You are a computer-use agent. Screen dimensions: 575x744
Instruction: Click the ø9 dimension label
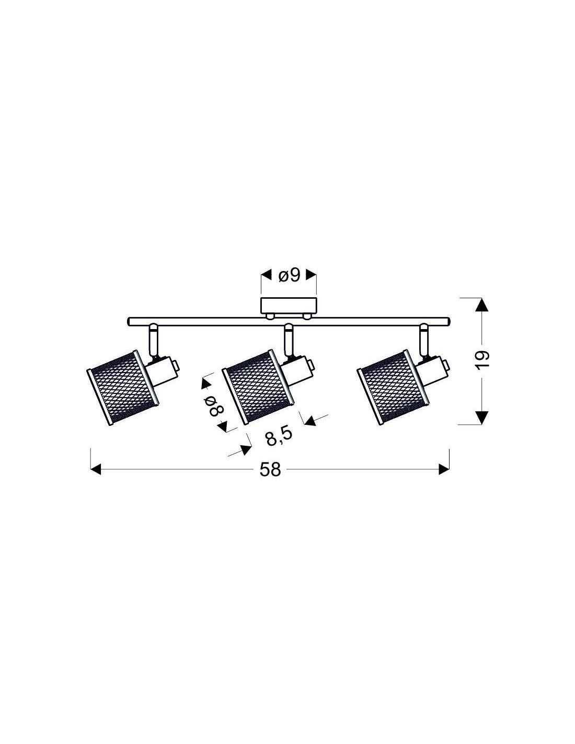coord(289,275)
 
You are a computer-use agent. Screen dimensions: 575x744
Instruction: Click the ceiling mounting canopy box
coord(289,306)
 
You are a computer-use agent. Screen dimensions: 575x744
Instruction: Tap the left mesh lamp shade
coord(122,388)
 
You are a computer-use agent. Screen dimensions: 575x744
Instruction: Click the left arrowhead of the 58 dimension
coord(96,469)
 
